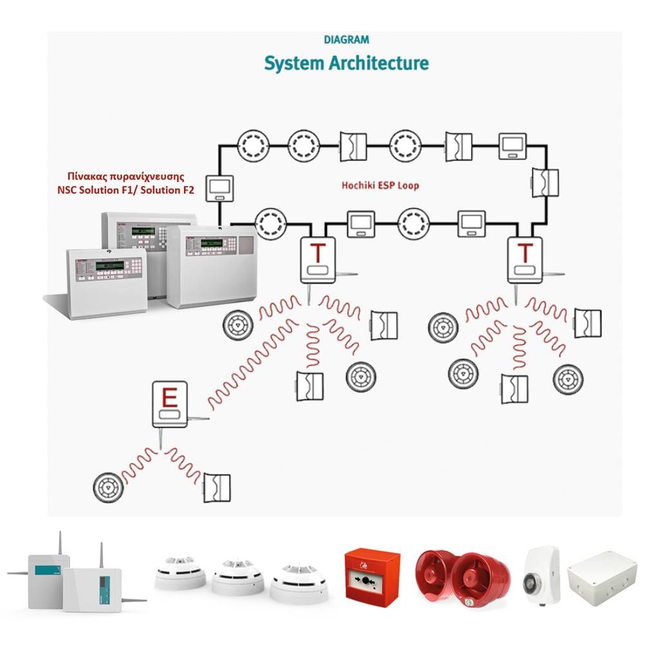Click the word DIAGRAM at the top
[x=346, y=39]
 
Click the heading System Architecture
[x=346, y=64]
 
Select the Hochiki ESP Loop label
[x=380, y=185]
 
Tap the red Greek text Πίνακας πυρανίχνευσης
[x=125, y=175]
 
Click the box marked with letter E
[x=170, y=404]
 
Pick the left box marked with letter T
[x=317, y=259]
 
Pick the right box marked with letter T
[x=526, y=259]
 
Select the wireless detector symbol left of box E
[x=107, y=487]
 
